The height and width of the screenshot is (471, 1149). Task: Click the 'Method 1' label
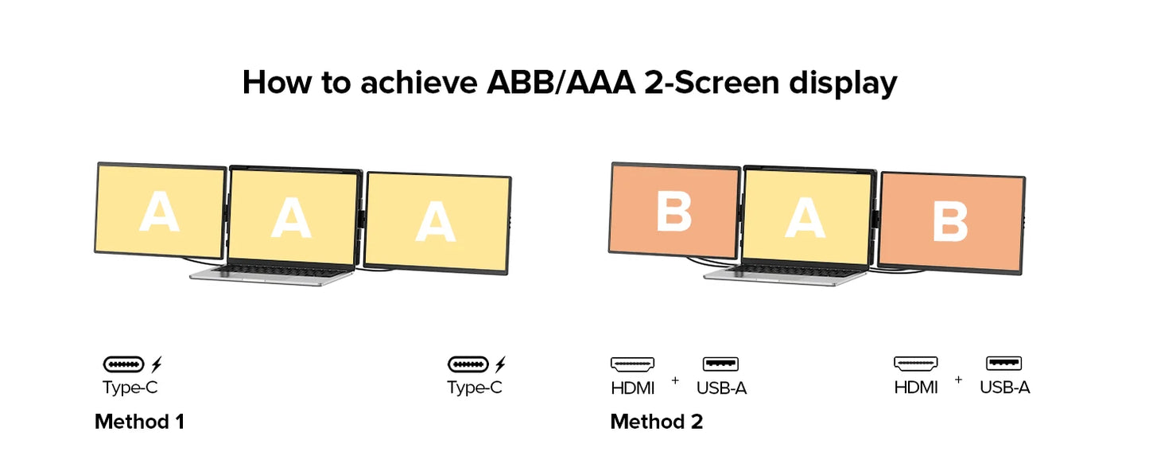(139, 422)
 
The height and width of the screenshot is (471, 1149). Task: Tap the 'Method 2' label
(656, 422)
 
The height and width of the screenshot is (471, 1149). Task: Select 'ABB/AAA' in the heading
(561, 83)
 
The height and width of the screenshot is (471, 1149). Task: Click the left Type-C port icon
(124, 364)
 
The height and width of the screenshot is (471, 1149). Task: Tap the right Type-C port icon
(468, 364)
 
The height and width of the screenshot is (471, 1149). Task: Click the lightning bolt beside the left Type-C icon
(157, 364)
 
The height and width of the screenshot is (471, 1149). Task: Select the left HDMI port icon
(632, 364)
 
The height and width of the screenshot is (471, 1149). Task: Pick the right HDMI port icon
(915, 364)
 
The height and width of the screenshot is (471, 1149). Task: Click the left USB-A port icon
(720, 364)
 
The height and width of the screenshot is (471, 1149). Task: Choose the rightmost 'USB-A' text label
(1004, 387)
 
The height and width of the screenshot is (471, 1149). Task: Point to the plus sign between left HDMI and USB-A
(675, 380)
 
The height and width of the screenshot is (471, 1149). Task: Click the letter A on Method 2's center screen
(805, 217)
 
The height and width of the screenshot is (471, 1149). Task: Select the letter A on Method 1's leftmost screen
(159, 212)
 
